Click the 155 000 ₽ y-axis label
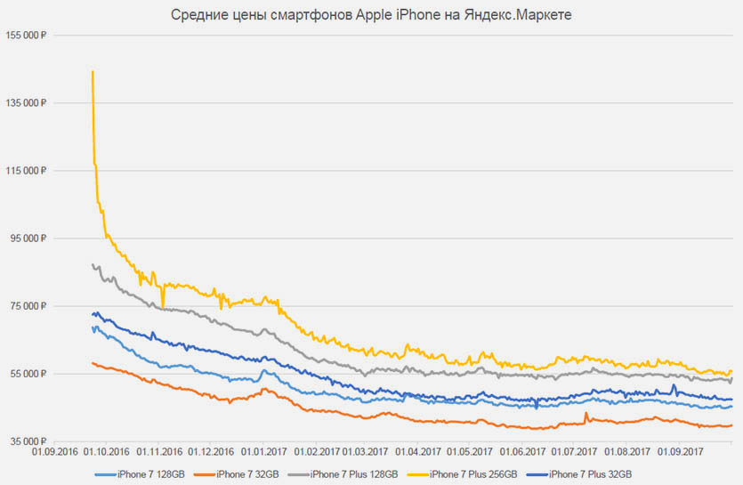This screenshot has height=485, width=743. tap(25, 36)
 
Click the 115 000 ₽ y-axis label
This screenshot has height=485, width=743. tap(25, 171)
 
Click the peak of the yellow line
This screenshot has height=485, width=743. tap(93, 71)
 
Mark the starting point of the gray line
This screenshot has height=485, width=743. tap(92, 264)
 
